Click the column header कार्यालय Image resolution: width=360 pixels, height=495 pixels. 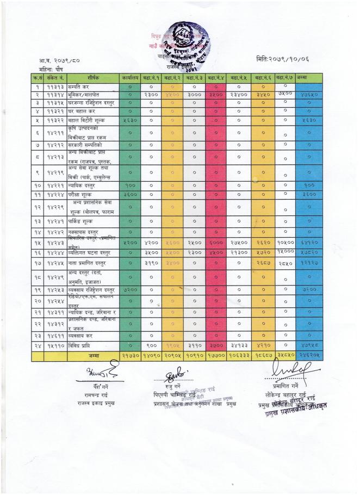[130, 77]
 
